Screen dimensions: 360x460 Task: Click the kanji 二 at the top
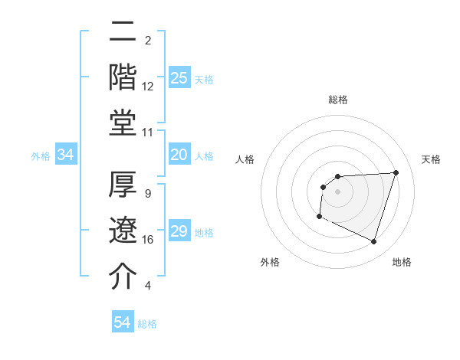(123, 34)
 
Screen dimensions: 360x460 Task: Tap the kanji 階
(123, 77)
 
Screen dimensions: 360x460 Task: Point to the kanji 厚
(123, 185)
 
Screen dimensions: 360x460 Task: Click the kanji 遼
(123, 231)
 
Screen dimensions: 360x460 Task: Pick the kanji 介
(123, 276)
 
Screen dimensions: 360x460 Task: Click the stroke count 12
(148, 87)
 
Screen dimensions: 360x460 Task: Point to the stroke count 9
(148, 194)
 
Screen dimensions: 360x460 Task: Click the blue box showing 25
(179, 77)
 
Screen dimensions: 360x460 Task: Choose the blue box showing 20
(179, 155)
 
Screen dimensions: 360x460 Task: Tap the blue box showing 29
(179, 231)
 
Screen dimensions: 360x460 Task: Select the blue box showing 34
(66, 155)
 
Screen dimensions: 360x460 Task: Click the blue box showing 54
(122, 322)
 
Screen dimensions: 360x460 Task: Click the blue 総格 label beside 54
(147, 324)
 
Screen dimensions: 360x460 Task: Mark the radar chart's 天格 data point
(396, 172)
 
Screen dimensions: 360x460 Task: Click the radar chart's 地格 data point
(373, 242)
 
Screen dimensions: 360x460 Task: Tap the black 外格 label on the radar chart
(270, 263)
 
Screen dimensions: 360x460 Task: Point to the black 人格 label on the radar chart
(245, 159)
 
